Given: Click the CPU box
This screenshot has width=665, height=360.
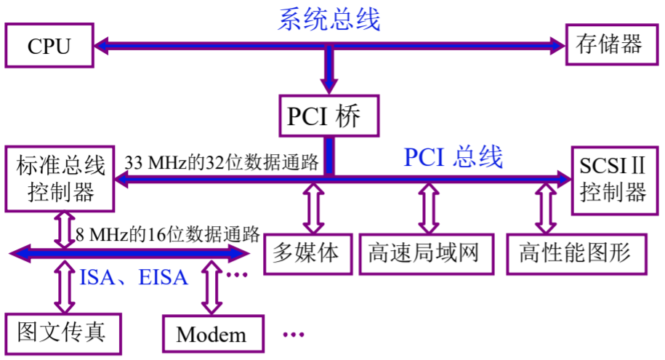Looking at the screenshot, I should [49, 46].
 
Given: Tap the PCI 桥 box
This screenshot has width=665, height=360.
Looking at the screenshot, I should [329, 115].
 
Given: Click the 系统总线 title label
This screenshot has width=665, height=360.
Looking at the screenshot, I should [329, 19].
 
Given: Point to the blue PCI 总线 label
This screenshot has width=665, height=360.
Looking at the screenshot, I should [454, 156].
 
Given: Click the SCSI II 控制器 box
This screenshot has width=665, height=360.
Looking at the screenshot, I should [613, 180].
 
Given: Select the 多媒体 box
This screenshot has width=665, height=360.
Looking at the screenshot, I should [307, 254].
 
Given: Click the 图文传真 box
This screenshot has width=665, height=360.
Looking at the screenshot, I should [62, 333].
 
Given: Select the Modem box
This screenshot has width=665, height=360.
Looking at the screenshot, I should [211, 335].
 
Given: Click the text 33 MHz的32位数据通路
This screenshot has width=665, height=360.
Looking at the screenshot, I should [221, 161].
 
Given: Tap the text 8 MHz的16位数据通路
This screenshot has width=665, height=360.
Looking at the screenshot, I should [167, 234].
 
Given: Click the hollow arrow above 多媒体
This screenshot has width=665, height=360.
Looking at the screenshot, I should [313, 207].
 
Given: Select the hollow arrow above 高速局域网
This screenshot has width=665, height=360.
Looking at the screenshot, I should [425, 207].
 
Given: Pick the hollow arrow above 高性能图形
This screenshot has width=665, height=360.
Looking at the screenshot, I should [544, 207].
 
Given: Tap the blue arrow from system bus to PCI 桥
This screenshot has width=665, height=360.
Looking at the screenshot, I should [329, 71].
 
